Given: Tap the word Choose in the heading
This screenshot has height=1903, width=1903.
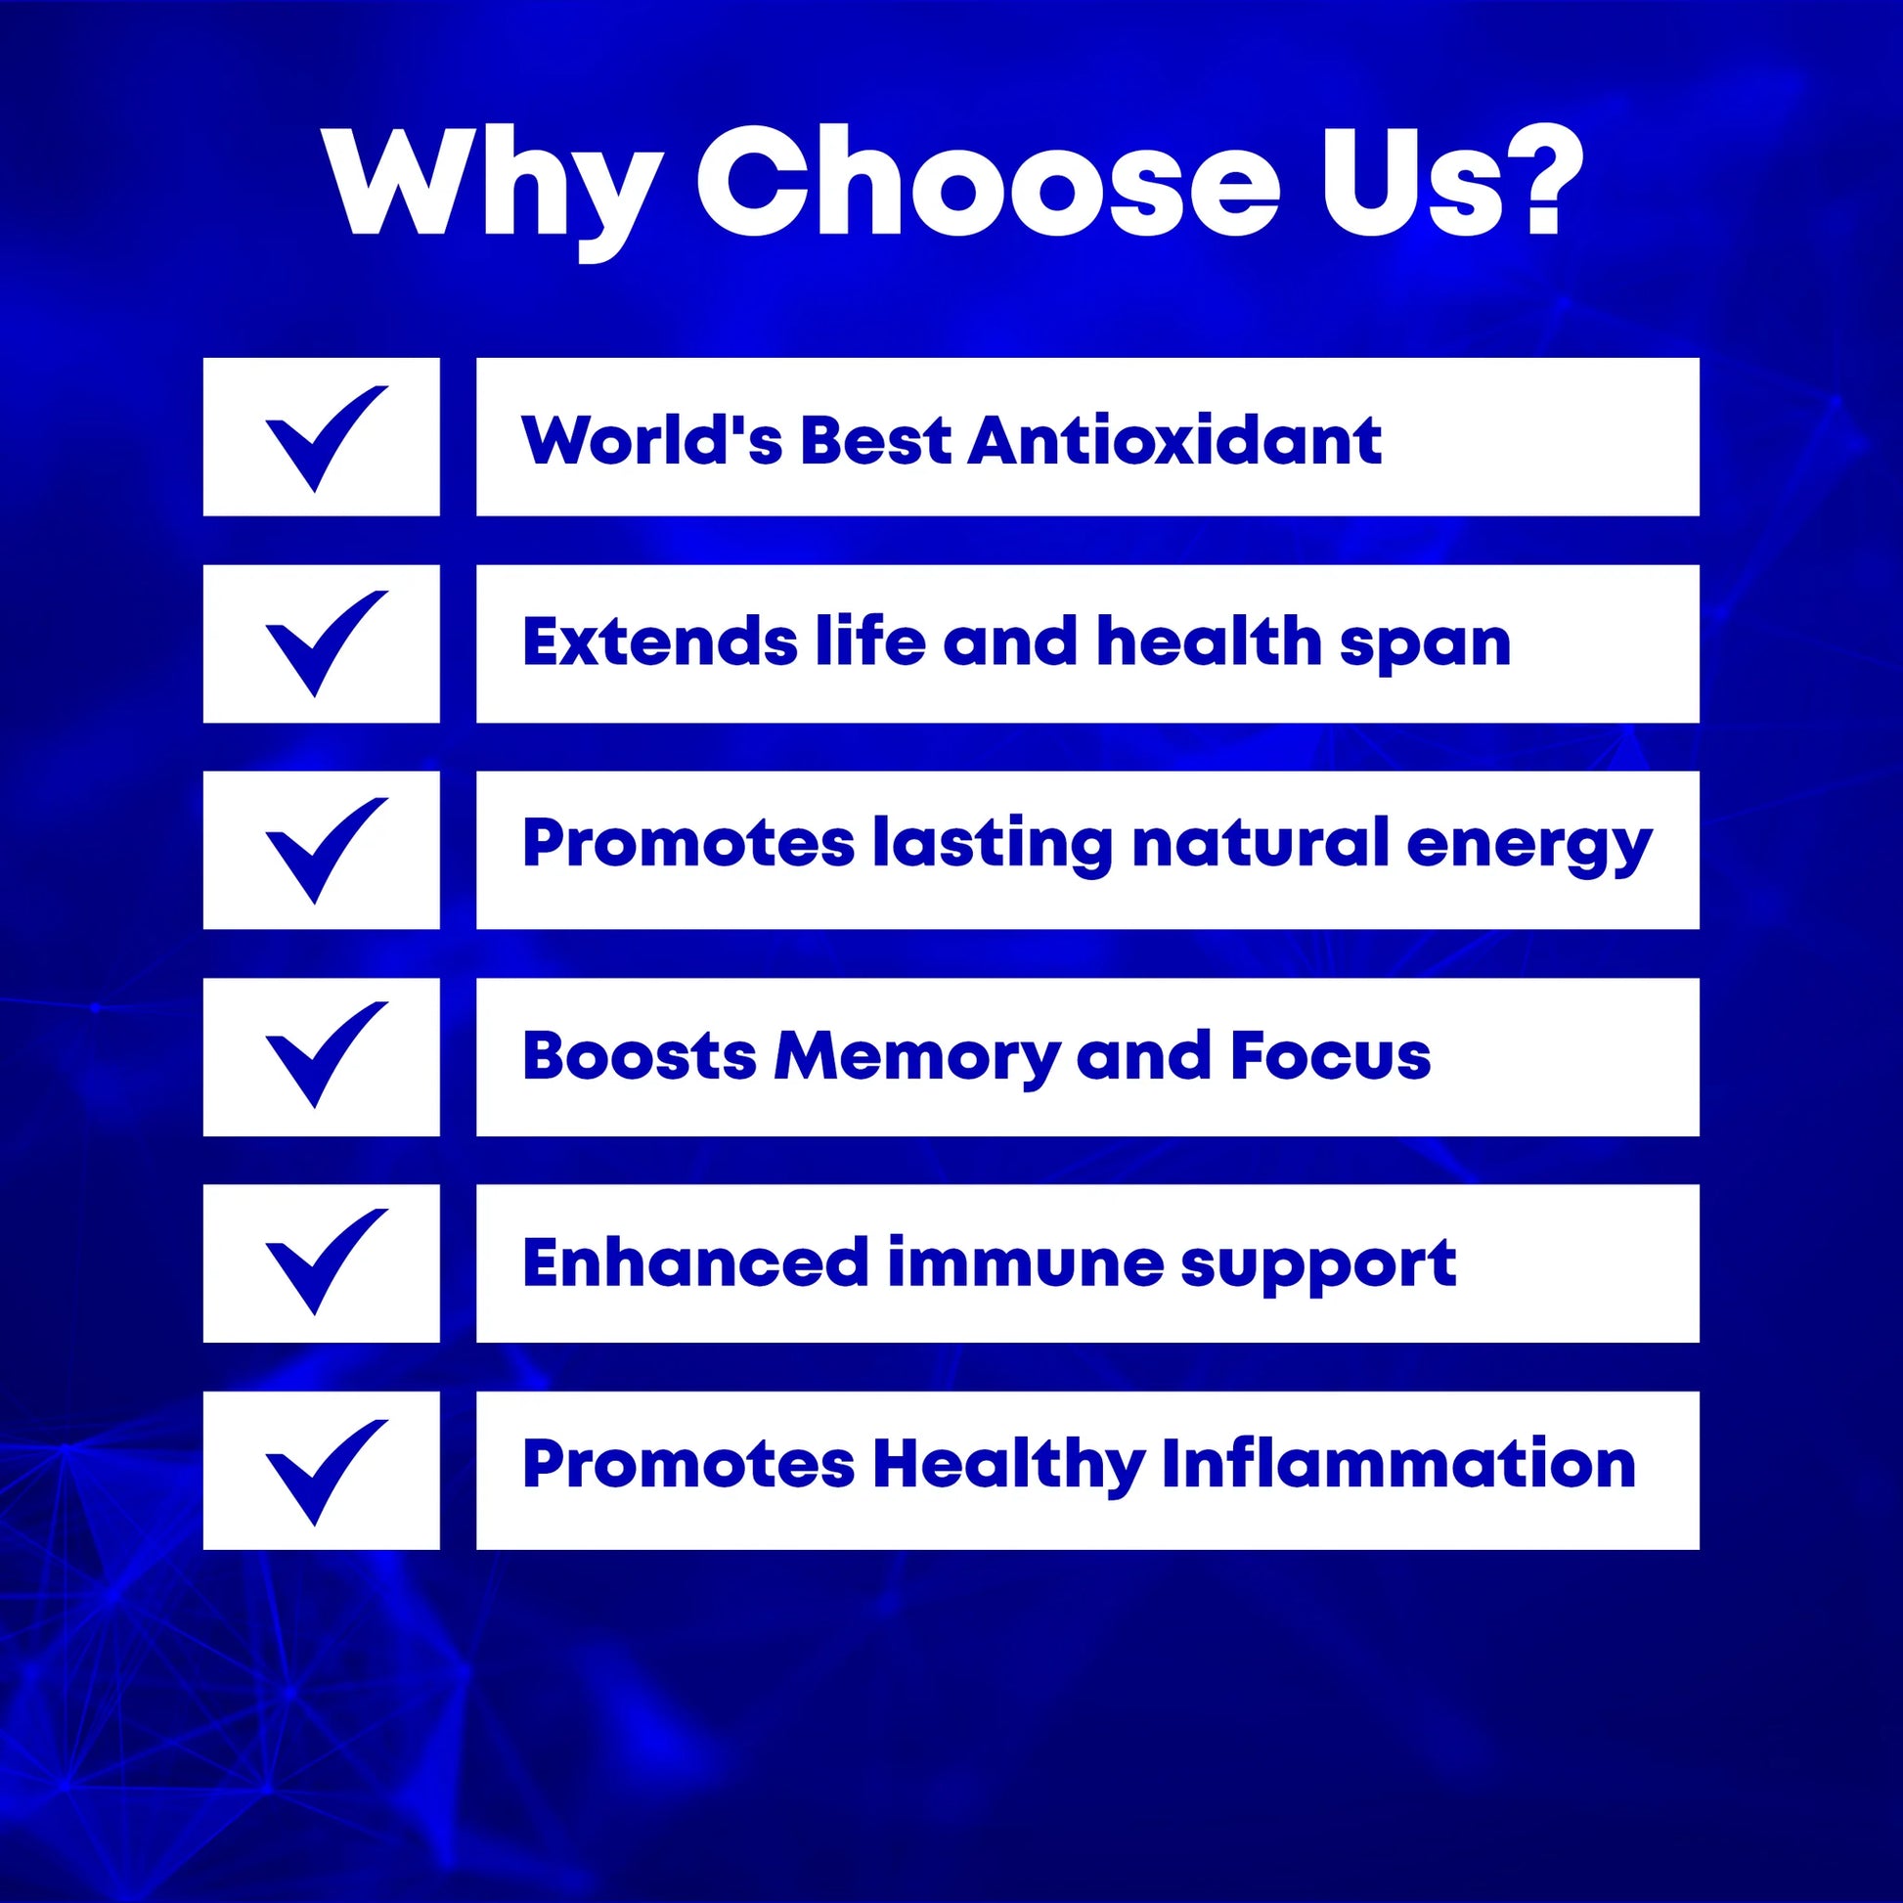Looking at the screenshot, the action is pyautogui.click(x=987, y=181).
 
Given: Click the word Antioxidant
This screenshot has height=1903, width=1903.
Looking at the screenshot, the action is pyautogui.click(x=1174, y=439).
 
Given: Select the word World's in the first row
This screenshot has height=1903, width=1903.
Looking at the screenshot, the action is pyautogui.click(x=652, y=439).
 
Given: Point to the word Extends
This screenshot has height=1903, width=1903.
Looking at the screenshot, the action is pyautogui.click(x=660, y=642).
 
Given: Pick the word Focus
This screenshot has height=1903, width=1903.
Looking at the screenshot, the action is pyautogui.click(x=1330, y=1056).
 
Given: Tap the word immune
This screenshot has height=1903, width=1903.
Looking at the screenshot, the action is pyautogui.click(x=1026, y=1261).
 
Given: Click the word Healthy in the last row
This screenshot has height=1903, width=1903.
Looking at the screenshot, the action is pyautogui.click(x=1009, y=1468).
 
